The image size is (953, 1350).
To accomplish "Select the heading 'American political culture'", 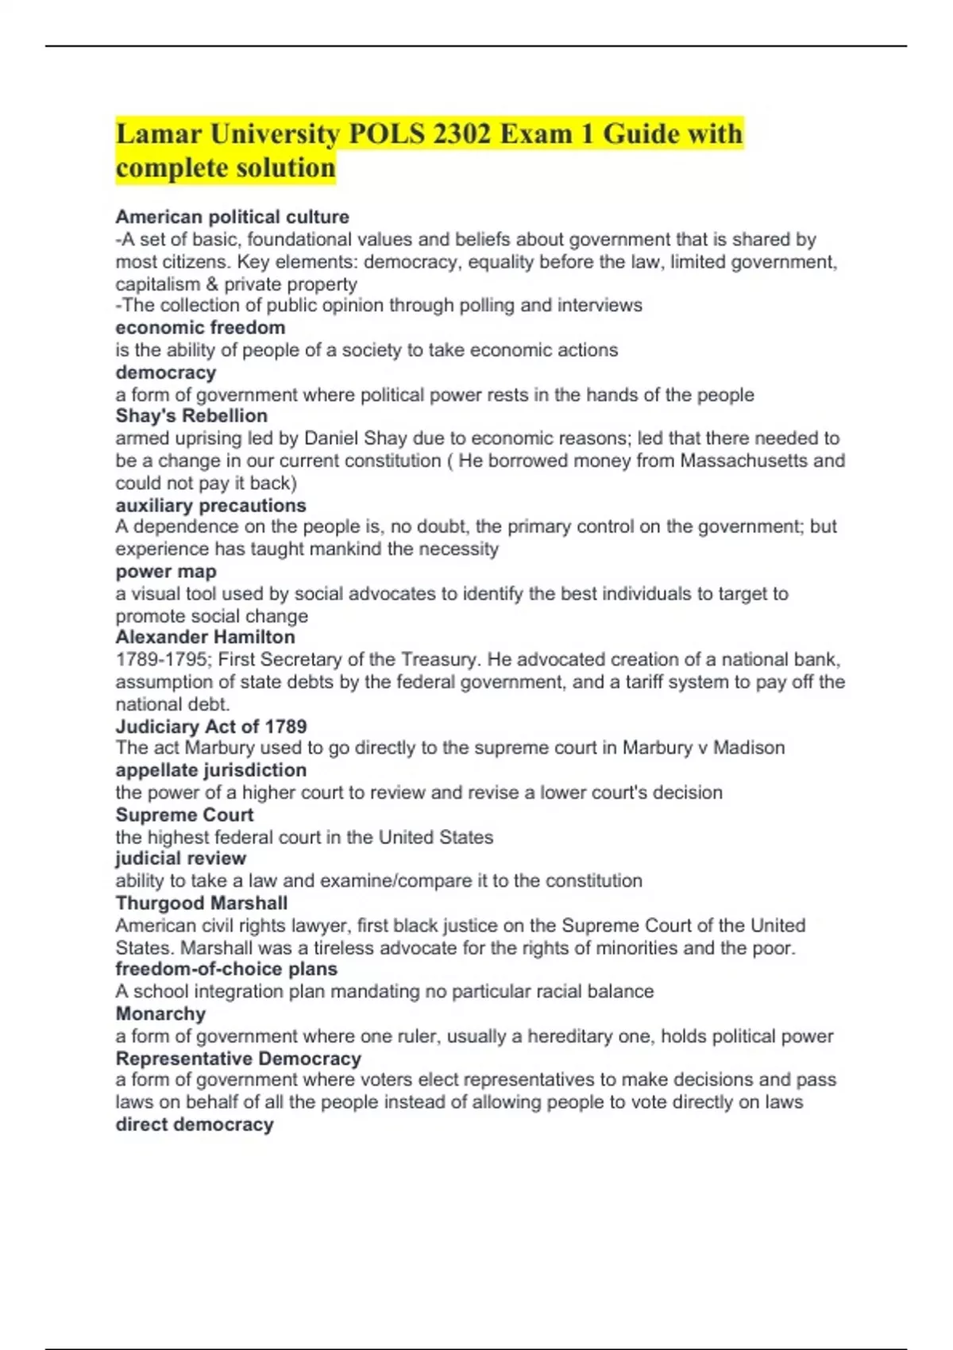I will click(x=232, y=217).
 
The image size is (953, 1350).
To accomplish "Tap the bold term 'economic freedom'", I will click(x=200, y=327).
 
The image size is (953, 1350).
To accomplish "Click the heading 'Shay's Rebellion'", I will click(x=191, y=415).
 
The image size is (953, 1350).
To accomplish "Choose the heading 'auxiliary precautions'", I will click(x=210, y=505).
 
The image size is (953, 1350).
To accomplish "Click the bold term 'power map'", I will click(x=165, y=571).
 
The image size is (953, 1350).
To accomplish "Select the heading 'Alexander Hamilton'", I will click(x=205, y=637).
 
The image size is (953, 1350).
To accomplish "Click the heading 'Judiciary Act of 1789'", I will click(x=210, y=726).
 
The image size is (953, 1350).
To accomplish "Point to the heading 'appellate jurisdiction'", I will click(x=210, y=769).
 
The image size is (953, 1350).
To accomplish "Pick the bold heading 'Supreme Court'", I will click(x=184, y=815).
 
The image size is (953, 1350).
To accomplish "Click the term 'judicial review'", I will click(x=180, y=858).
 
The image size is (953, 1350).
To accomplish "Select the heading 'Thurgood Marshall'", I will click(x=201, y=903).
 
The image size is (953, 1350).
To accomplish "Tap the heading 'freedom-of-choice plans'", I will click(x=226, y=969).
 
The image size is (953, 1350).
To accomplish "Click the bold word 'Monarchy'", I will click(x=160, y=1013).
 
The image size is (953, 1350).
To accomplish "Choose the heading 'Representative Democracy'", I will click(x=238, y=1059).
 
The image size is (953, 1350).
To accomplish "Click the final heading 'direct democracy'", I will click(x=195, y=1124).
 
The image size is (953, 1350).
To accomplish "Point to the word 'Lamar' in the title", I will click(x=158, y=133).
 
